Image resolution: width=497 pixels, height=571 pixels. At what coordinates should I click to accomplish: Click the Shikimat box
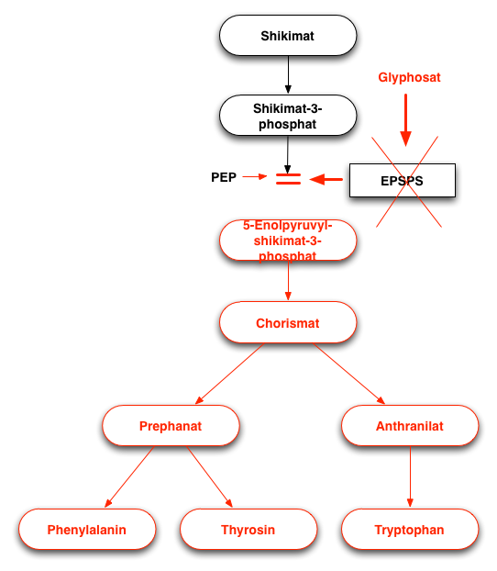coord(288,35)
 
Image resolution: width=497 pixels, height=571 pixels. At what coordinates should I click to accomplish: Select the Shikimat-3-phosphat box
coord(288,116)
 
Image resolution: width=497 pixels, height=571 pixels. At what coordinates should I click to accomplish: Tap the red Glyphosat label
coord(409,77)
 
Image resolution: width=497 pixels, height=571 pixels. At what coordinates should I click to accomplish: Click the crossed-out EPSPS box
coord(403,180)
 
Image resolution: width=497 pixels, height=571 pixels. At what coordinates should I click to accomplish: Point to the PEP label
coord(224,177)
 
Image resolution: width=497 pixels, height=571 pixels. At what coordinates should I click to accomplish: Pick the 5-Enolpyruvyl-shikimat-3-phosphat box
coord(288,241)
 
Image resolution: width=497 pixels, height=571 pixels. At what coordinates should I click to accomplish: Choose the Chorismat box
coord(288,322)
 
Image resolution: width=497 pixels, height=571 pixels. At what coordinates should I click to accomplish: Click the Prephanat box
coord(171,425)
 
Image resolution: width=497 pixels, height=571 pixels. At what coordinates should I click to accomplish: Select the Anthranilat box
coord(410,425)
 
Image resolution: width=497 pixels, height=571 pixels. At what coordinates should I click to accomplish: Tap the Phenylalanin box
coord(87,529)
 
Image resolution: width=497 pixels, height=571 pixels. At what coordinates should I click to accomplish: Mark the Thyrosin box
coord(248,529)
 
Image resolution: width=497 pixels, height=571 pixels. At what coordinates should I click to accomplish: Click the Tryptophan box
coord(410,529)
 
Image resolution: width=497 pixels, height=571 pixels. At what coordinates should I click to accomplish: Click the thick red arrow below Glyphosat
coord(405,120)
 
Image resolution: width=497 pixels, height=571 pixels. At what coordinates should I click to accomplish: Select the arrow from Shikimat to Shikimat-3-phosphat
coord(288,74)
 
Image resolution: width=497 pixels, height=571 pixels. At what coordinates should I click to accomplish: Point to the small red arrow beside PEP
coord(255,176)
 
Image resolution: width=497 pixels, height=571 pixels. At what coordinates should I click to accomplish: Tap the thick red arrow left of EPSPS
coord(326,179)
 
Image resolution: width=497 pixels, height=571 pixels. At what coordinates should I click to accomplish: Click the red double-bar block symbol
coord(288,179)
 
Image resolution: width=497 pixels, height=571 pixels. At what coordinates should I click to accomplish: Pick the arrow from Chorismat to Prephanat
coord(229,374)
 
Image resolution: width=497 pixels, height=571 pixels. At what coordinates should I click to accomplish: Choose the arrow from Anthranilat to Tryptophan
coord(410,476)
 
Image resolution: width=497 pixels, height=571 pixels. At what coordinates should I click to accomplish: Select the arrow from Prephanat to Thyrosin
coord(210,476)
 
